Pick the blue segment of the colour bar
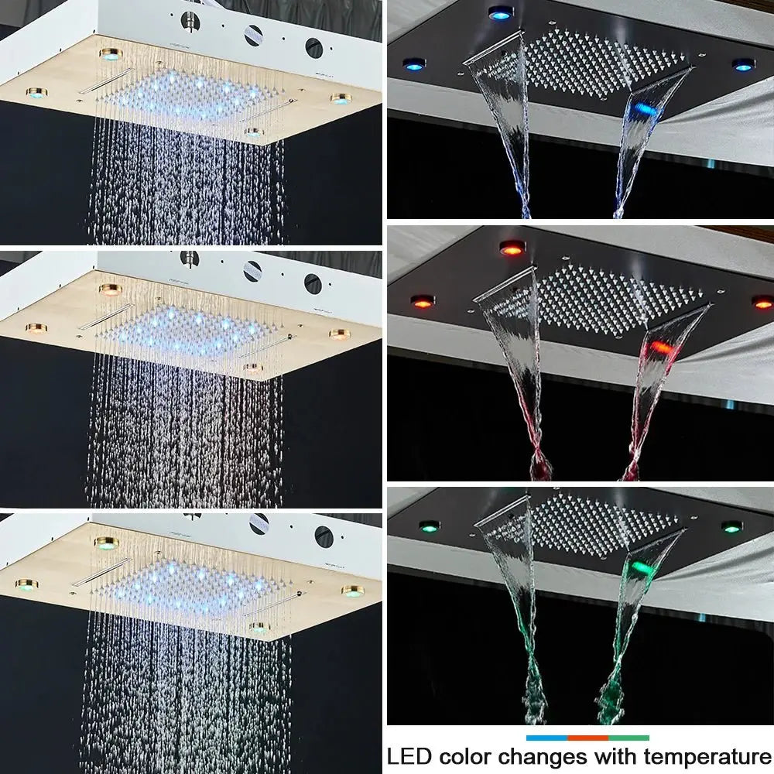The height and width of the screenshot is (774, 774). [546, 738]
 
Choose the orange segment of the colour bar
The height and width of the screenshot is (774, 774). [587, 738]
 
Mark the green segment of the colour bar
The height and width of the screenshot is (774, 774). [628, 738]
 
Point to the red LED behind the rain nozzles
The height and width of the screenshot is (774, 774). [512, 248]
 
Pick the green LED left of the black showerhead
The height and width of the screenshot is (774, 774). [429, 526]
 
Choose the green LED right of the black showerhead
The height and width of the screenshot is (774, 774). [731, 527]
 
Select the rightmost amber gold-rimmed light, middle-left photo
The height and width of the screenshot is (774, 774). [339, 334]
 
